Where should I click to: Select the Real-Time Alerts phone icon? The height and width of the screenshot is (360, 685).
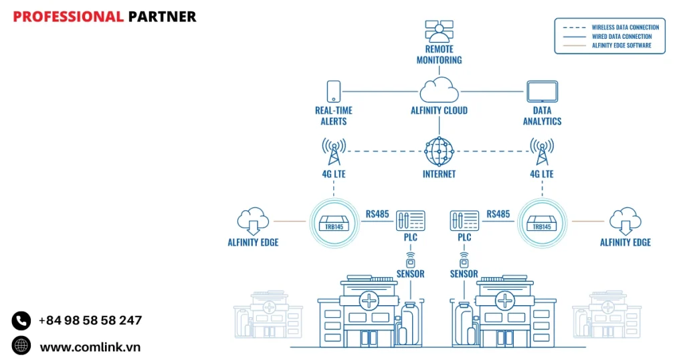[333, 92]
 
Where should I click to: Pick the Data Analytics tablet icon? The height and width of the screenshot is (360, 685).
[542, 92]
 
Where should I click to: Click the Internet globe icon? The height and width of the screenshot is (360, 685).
[439, 151]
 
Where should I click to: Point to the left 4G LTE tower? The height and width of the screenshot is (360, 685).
[333, 151]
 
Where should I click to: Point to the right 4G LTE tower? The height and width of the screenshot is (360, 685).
[542, 151]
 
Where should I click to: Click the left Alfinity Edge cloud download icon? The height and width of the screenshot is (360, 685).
[253, 221]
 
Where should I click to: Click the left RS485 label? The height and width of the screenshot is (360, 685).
[377, 214]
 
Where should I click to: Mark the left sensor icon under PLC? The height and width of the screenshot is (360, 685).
[410, 258]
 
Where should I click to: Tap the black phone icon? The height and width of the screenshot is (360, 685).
[21, 321]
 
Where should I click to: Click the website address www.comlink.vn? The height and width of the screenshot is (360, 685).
[90, 347]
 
